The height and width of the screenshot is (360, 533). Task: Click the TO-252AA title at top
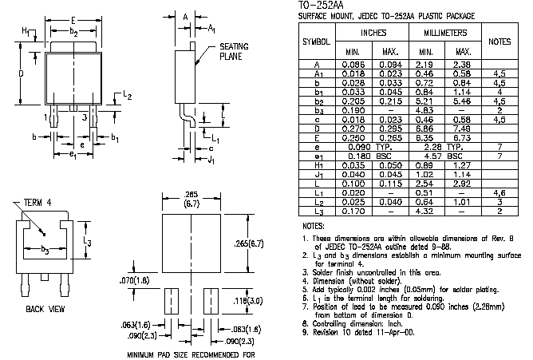click(319, 6)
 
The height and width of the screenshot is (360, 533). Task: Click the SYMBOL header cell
click(317, 41)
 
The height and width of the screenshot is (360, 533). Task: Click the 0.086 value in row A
click(353, 64)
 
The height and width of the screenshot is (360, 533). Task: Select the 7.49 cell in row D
click(462, 128)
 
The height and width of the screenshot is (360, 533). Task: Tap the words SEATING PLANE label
click(233, 51)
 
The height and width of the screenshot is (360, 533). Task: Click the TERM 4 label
click(38, 204)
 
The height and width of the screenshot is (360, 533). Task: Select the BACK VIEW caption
click(45, 308)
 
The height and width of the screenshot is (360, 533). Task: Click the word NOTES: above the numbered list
click(313, 227)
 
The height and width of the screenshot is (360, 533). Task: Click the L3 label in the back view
click(89, 242)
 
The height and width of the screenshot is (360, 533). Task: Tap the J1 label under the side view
click(210, 160)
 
